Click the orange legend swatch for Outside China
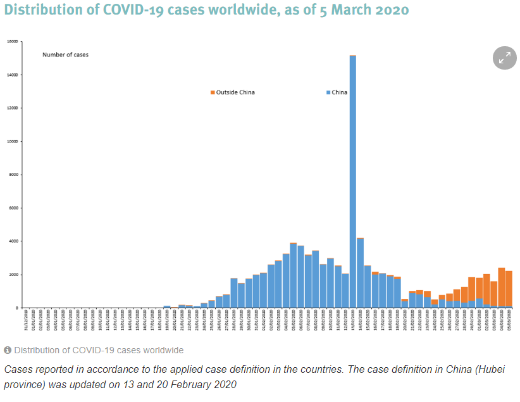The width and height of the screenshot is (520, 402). pyautogui.click(x=213, y=92)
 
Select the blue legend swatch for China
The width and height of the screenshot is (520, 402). pyautogui.click(x=328, y=92)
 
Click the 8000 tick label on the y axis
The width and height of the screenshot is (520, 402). pyautogui.click(x=13, y=175)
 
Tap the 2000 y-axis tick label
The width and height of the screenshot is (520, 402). pyautogui.click(x=13, y=275)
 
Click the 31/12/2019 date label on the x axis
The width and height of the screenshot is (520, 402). pyautogui.click(x=25, y=322)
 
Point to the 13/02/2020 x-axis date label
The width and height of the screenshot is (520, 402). pyautogui.click(x=352, y=322)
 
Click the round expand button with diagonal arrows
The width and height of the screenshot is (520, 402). pyautogui.click(x=505, y=58)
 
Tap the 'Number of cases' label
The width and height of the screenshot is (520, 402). pyautogui.click(x=65, y=54)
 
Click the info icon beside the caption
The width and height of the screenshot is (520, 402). pyautogui.click(x=8, y=350)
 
